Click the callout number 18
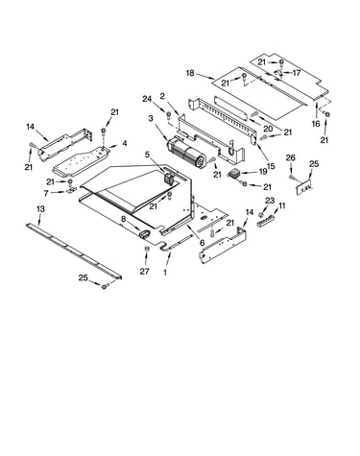[x=190, y=73]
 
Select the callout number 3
[x=151, y=119]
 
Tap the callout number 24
[x=147, y=99]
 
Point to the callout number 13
[x=40, y=209]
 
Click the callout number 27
[x=144, y=272]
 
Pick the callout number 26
[x=291, y=157]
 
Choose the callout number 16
[x=316, y=124]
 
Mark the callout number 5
[x=147, y=155]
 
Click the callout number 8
[x=124, y=219]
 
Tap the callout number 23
[x=270, y=201]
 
